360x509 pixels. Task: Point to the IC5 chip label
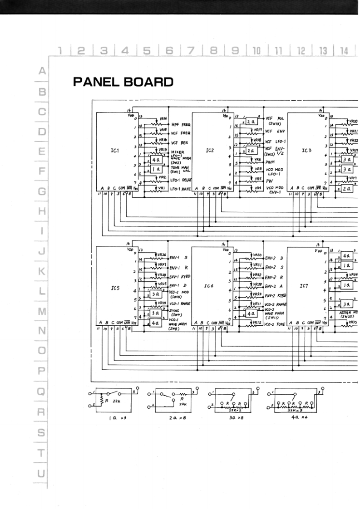(114, 288)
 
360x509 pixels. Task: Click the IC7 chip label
(305, 286)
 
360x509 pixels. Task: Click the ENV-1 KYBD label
(180, 276)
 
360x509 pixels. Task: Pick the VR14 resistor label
(163, 117)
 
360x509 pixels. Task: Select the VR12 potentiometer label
(257, 322)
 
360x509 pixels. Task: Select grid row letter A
(41, 71)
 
